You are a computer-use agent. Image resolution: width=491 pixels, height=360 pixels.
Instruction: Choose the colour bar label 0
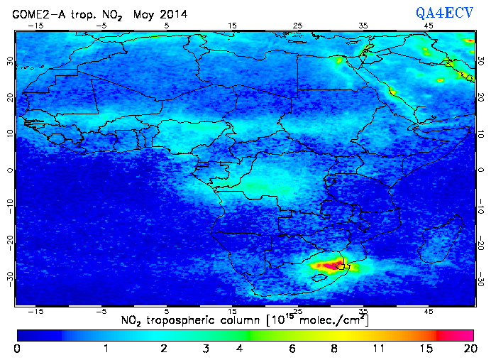click(17, 349)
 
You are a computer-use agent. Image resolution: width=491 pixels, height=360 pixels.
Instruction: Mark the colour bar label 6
click(292, 349)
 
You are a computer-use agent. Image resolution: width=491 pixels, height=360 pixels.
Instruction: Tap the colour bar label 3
click(204, 349)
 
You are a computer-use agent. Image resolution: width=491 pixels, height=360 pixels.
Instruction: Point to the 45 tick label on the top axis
click(429, 26)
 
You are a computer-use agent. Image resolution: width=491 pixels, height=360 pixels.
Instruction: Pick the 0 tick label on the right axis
click(482, 170)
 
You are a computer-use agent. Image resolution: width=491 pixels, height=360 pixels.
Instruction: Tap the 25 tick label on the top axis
click(298, 26)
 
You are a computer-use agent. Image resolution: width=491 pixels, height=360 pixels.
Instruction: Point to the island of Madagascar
click(443, 238)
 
